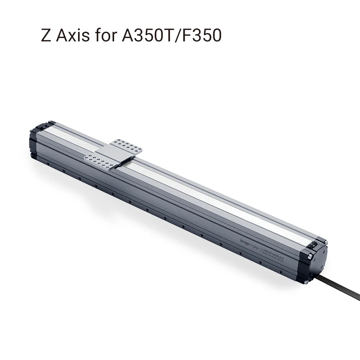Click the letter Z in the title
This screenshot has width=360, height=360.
coord(46,36)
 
